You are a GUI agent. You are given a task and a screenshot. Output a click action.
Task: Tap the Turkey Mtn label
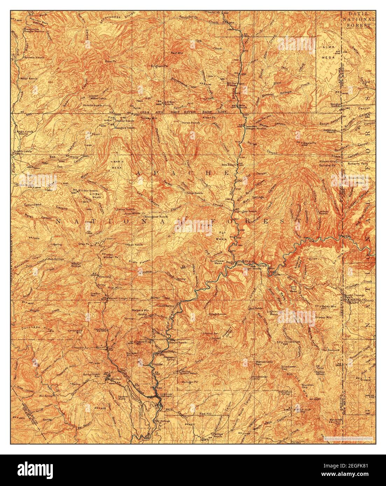[147, 118]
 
